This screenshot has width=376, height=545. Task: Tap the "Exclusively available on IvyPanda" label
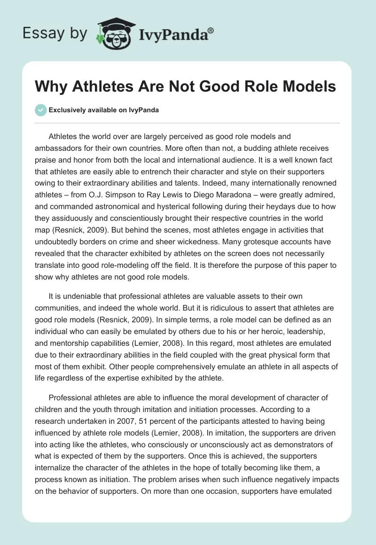pyautogui.click(x=104, y=110)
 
